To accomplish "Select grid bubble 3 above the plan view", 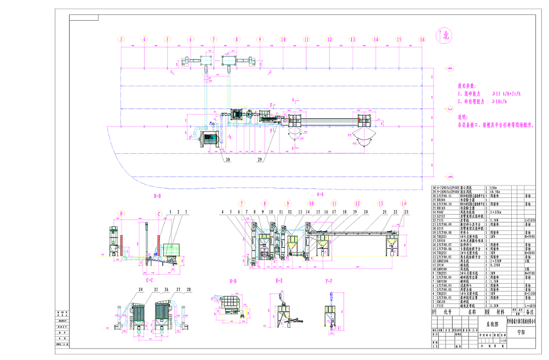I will pyautogui.click(x=121, y=39).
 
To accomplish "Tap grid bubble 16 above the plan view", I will pyautogui.click(x=422, y=39).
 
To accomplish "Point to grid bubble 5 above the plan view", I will pyautogui.click(x=168, y=39).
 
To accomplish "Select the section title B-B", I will pyautogui.click(x=157, y=195).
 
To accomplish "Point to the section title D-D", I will pyautogui.click(x=233, y=281).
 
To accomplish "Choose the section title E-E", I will pyautogui.click(x=279, y=281).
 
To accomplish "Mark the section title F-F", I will pyautogui.click(x=329, y=281).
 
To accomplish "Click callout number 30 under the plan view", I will pyautogui.click(x=227, y=160).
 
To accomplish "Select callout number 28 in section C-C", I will pyautogui.click(x=188, y=289).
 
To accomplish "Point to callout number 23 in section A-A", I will pyautogui.click(x=406, y=212).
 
